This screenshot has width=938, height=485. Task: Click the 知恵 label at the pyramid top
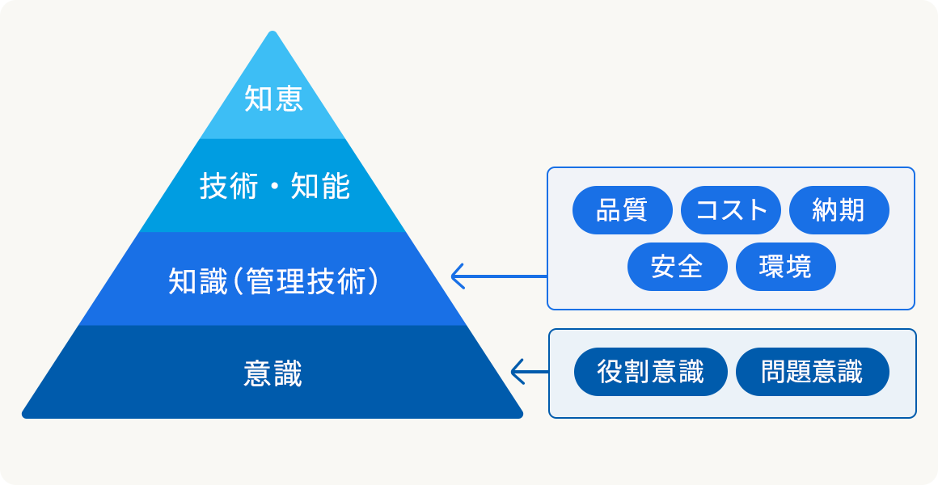(x=273, y=98)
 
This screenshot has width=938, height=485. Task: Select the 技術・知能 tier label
(x=275, y=188)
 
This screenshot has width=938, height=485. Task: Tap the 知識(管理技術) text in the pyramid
(x=273, y=281)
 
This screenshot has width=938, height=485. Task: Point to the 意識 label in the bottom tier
(x=273, y=373)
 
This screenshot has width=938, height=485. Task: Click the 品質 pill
(x=622, y=210)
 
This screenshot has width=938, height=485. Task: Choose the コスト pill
(x=731, y=210)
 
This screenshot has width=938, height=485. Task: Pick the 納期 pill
(x=839, y=210)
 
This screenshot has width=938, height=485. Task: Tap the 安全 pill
(x=677, y=267)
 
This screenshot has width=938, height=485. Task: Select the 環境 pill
(x=785, y=267)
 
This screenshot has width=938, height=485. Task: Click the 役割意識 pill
(x=651, y=372)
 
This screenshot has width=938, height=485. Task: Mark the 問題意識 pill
(x=813, y=372)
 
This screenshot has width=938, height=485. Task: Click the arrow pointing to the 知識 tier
(x=499, y=276)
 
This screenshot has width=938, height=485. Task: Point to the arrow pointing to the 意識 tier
(x=530, y=371)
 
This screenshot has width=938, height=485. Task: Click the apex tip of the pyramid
(x=273, y=31)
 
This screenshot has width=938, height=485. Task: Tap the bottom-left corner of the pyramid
(x=23, y=415)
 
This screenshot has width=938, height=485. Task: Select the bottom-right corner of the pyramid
(x=522, y=415)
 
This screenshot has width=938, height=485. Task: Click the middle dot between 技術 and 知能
(x=275, y=188)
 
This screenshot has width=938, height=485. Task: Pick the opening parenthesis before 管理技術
(x=235, y=281)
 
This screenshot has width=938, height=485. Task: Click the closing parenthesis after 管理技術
(x=374, y=281)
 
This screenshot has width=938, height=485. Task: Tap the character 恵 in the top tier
(x=289, y=98)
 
